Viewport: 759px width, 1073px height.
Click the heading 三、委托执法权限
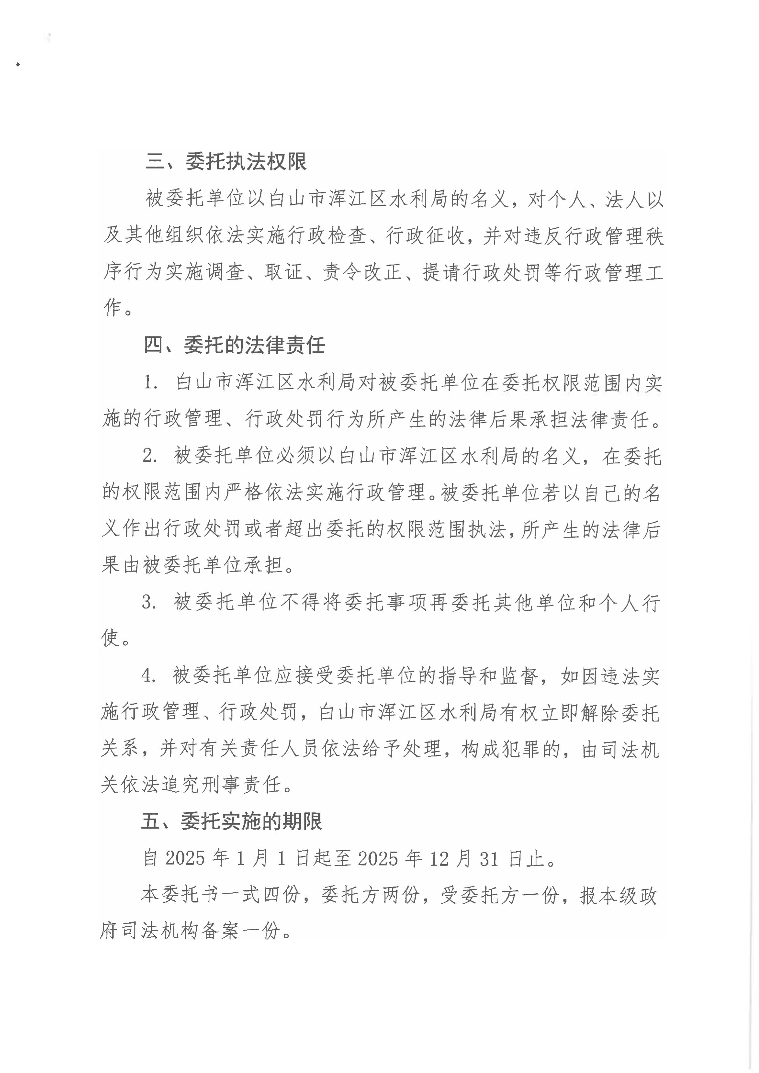(x=226, y=162)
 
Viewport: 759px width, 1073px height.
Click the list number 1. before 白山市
(x=151, y=383)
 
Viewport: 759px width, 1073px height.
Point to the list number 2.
(x=150, y=456)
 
